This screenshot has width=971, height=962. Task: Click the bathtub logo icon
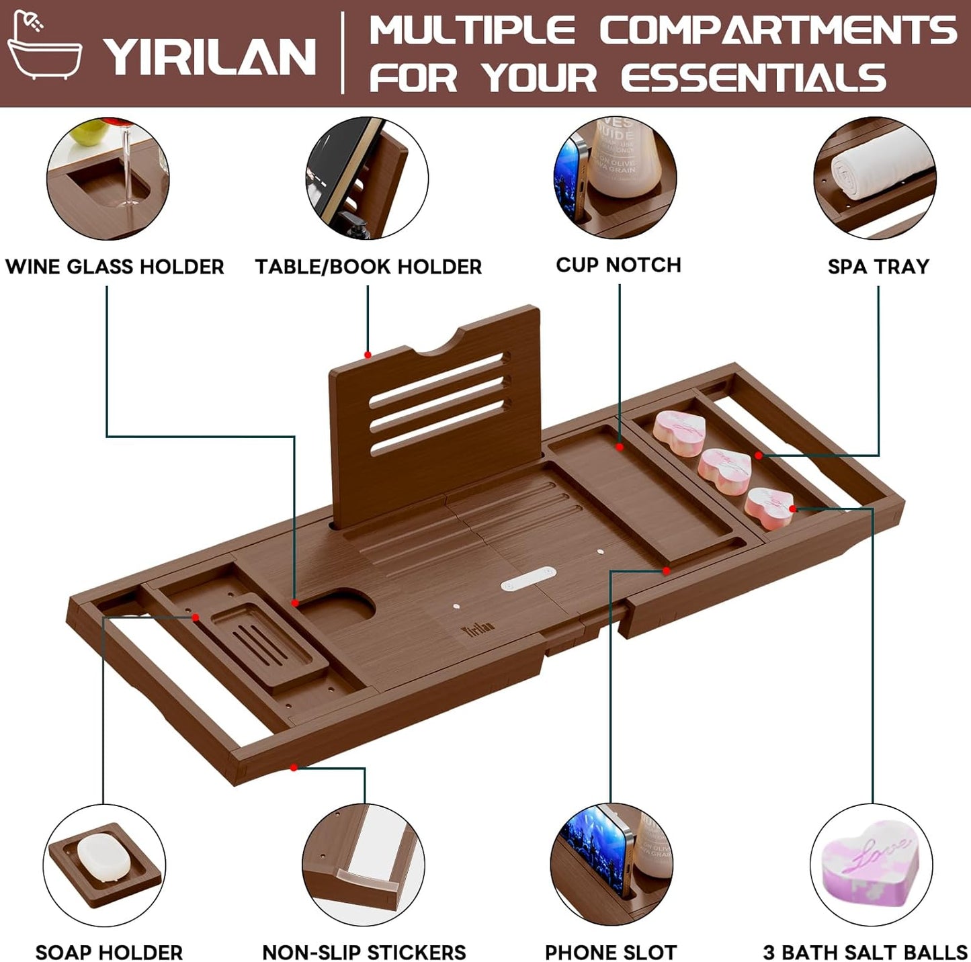(44, 47)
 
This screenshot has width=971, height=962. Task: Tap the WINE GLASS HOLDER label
(115, 267)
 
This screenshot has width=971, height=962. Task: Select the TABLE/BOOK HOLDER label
(368, 267)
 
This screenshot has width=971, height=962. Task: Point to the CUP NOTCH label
(618, 265)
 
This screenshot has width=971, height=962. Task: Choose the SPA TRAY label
(878, 267)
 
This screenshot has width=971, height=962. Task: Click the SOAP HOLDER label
(109, 952)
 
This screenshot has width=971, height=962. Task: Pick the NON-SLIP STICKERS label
(364, 952)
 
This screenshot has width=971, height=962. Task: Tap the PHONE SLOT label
(610, 952)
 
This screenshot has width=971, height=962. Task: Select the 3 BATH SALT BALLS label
(865, 952)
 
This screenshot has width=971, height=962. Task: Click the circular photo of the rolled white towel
(874, 178)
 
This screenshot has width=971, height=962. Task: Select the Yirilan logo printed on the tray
(477, 629)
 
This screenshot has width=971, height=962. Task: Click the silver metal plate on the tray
(529, 578)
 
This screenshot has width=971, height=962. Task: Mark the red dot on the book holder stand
(368, 355)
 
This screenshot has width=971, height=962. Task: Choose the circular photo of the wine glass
(108, 178)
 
